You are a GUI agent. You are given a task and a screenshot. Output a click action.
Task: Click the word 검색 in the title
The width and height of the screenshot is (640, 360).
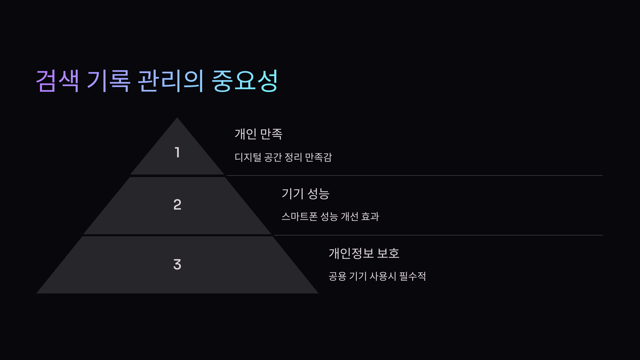coord(58,81)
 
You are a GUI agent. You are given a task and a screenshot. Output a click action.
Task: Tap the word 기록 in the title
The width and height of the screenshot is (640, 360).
coord(109,81)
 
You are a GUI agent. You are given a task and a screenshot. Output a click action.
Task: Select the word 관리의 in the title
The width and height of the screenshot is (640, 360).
coord(171,81)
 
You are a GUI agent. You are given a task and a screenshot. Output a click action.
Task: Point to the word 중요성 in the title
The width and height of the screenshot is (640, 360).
coord(245,81)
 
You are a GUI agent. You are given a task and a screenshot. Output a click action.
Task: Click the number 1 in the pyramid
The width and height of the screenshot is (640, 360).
coord(177,152)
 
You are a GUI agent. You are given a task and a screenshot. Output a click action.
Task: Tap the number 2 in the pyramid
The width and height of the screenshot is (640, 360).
coord(177,205)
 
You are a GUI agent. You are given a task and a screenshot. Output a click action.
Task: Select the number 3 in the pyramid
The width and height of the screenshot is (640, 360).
coord(177,264)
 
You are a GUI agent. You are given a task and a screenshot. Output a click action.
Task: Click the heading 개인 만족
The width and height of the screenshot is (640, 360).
coord(258,134)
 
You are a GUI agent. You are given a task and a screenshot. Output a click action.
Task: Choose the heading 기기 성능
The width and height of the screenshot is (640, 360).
coord(306,194)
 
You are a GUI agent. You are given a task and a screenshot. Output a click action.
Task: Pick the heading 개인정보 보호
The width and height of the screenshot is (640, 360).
coord(364,253)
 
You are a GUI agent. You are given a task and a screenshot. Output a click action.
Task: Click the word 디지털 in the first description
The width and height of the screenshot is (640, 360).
coord(248,157)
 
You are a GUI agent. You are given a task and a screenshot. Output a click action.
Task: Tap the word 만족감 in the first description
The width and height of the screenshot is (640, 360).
coord(318,157)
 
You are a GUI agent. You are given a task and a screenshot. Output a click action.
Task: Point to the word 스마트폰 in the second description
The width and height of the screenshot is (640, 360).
coord(299,217)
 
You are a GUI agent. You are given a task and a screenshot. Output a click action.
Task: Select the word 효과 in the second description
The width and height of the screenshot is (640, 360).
coord(370,217)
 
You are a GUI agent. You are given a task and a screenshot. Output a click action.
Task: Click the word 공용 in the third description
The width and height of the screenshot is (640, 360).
coord(337,276)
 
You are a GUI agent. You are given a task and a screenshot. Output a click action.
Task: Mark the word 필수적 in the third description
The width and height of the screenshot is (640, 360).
coord(413,276)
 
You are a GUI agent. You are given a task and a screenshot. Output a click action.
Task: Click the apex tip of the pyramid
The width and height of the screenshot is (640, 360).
coord(177,118)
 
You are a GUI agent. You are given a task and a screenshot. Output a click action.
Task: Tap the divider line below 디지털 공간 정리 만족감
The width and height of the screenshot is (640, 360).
coord(413,175)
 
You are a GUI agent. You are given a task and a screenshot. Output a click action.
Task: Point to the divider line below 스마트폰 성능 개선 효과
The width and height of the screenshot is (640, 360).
coord(437,235)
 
